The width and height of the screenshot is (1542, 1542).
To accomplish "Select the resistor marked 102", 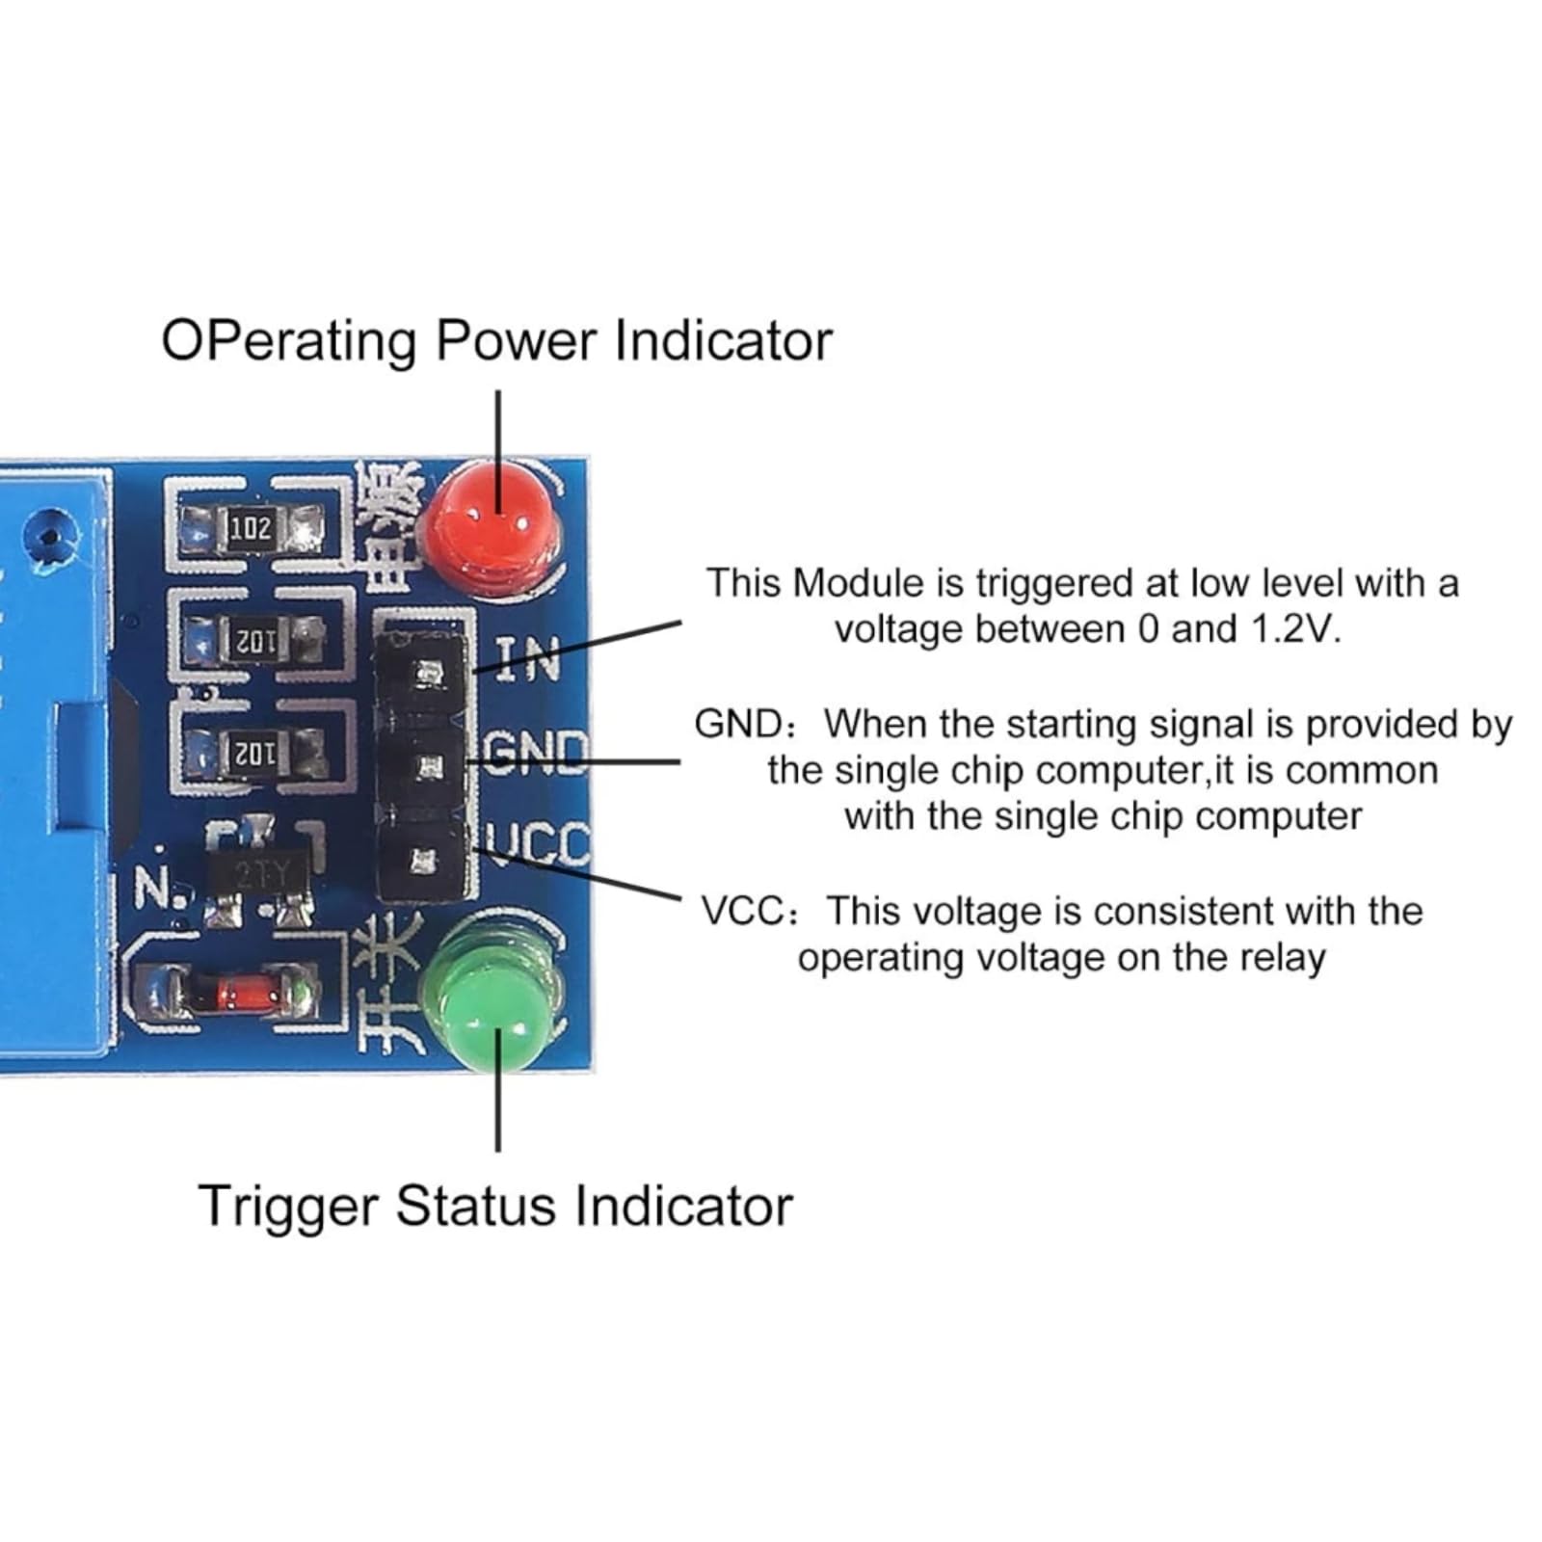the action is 251,528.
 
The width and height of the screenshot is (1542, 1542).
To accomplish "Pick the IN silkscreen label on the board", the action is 528,661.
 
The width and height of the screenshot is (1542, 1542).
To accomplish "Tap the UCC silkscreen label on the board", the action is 538,842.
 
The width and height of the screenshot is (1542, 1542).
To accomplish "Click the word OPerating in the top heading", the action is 288,343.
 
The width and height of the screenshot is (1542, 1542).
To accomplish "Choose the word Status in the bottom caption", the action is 476,1207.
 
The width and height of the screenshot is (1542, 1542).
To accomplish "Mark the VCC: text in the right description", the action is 749,912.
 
